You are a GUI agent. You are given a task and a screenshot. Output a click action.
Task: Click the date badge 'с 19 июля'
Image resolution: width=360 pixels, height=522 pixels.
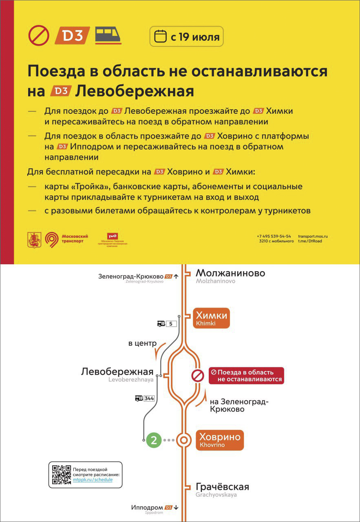[x=187, y=37]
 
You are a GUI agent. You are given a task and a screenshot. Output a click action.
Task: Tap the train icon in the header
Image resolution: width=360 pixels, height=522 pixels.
[x=108, y=35]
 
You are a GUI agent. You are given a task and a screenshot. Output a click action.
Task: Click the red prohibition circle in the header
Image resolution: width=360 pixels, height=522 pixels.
[x=39, y=35]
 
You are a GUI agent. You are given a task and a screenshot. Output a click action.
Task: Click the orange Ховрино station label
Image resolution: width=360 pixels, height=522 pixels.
[x=220, y=440]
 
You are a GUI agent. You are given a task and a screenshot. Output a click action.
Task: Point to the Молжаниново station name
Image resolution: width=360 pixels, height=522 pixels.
[x=230, y=273]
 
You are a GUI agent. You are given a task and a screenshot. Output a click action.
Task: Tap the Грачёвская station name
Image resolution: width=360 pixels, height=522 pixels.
[x=222, y=487]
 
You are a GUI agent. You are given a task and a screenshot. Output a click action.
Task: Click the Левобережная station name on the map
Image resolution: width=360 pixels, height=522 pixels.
[x=117, y=372]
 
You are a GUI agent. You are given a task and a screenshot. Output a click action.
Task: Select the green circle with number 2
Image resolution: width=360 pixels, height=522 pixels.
[x=154, y=440]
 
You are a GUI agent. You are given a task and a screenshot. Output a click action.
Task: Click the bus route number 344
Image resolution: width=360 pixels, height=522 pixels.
[x=149, y=398]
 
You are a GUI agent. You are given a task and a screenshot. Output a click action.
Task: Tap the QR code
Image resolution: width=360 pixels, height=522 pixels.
[x=62, y=475]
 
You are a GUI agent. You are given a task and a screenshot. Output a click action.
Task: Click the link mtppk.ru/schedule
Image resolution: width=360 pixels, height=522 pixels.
[x=93, y=480]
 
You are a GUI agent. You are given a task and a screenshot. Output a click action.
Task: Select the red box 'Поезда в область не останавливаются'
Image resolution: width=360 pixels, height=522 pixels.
[x=246, y=376]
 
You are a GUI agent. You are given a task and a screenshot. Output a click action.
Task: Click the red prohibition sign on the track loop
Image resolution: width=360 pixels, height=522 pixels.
[x=198, y=376]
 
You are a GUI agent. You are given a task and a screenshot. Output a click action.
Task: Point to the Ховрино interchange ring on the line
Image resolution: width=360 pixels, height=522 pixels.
[x=184, y=440]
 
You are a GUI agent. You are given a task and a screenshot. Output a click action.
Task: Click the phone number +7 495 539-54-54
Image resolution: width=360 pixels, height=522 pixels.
[x=274, y=236]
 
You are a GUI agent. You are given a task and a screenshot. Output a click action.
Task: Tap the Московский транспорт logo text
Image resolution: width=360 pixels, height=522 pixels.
[x=75, y=239]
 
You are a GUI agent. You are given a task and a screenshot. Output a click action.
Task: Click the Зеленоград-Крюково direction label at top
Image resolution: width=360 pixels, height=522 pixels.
[x=131, y=276]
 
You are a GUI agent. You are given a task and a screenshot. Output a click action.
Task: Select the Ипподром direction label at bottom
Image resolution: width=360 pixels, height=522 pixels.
[x=147, y=507]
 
